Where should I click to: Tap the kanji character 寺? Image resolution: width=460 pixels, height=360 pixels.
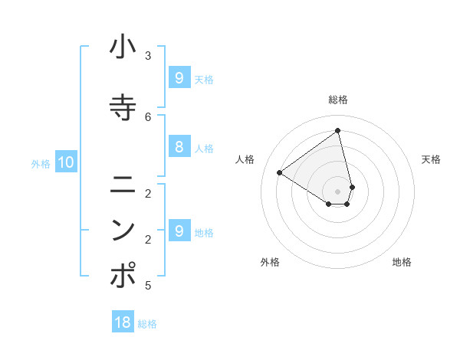click(123, 106)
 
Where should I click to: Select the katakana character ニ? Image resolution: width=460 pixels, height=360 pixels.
click(123, 184)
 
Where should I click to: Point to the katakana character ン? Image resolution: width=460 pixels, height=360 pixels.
click(123, 230)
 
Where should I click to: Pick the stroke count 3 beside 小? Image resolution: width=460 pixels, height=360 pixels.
click(148, 56)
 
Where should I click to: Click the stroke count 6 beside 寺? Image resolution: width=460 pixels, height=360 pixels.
click(148, 116)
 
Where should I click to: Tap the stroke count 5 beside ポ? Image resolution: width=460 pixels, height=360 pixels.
click(148, 286)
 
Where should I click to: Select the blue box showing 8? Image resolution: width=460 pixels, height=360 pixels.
click(179, 148)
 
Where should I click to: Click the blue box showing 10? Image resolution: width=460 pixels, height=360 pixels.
click(65, 162)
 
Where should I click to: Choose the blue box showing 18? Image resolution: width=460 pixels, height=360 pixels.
click(123, 322)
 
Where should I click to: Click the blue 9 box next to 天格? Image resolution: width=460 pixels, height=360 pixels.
click(179, 78)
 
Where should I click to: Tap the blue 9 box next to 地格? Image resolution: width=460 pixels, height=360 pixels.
click(179, 231)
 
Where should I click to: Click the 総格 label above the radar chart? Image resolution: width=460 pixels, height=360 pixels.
click(338, 100)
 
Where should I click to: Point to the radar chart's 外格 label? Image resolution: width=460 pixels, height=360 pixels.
click(270, 262)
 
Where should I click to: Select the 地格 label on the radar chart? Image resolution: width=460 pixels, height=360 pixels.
click(402, 262)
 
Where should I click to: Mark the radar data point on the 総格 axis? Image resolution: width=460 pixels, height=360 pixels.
click(338, 130)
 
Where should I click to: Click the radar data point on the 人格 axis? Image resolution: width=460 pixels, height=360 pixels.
click(280, 172)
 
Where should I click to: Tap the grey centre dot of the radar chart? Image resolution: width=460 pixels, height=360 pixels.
click(338, 191)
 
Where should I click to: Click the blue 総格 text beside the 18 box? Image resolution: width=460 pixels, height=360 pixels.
click(147, 324)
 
